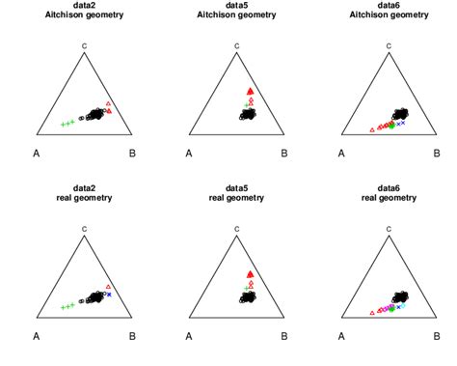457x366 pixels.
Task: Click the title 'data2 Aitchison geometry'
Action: click(85, 14)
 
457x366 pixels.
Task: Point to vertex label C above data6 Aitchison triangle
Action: click(389, 44)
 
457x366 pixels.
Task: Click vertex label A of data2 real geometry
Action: click(37, 335)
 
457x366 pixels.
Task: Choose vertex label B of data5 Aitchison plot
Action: click(283, 153)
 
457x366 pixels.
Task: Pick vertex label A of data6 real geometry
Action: click(341, 335)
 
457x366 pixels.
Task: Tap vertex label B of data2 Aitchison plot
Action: click(132, 153)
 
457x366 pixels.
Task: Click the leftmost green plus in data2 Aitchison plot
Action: click(63, 125)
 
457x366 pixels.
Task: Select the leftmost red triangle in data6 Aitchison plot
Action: click(371, 129)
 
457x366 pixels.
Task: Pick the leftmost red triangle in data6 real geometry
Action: click(371, 313)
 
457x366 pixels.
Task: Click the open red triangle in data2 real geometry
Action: click(108, 286)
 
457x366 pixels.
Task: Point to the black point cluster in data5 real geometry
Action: click(248, 297)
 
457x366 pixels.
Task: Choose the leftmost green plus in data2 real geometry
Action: click(63, 308)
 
